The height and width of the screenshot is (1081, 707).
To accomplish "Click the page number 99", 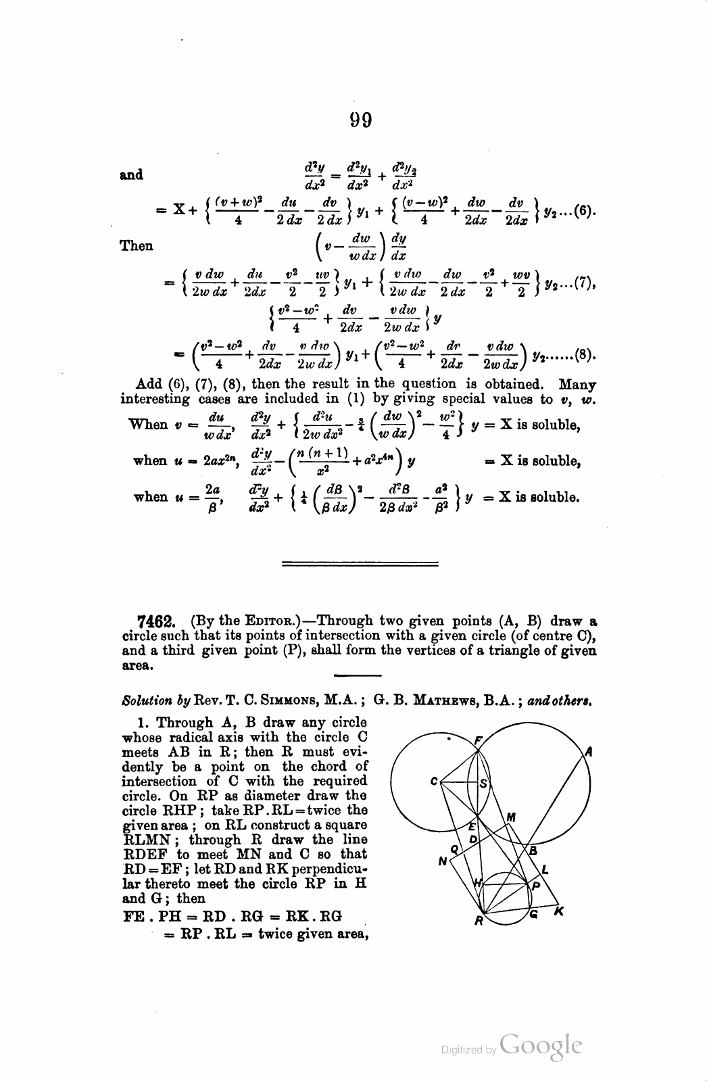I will (x=361, y=120).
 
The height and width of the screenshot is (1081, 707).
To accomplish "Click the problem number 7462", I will (x=157, y=621).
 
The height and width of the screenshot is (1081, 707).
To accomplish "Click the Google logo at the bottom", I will (x=541, y=1047).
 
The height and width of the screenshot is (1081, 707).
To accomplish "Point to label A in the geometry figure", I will (x=589, y=750).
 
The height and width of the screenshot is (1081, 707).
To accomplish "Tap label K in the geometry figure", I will (x=558, y=912).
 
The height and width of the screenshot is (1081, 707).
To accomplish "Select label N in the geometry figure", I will (x=443, y=861).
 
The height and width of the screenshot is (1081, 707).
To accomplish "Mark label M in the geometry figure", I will (x=512, y=817).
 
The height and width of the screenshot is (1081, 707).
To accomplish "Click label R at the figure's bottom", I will (x=477, y=920).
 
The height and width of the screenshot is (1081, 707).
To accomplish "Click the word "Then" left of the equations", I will (x=137, y=246).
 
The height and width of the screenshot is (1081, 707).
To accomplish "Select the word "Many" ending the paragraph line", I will (x=577, y=384).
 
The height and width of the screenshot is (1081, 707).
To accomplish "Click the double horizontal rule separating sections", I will (x=360, y=562).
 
